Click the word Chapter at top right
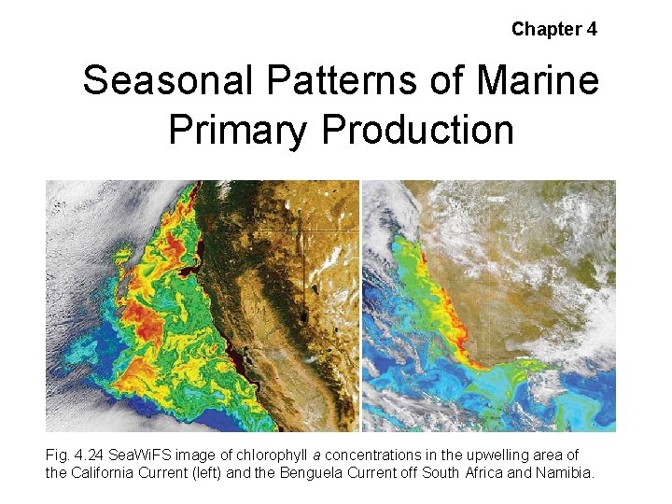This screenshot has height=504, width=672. (546, 29)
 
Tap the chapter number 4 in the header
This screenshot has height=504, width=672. (592, 29)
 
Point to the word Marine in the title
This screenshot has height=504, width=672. (539, 81)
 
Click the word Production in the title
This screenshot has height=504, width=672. (417, 130)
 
